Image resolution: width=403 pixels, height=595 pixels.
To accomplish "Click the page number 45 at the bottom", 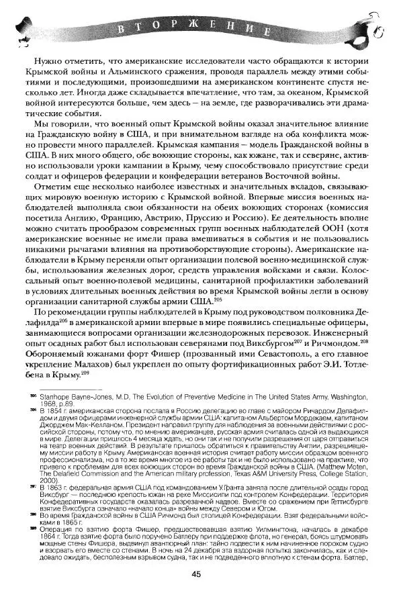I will click(196, 573).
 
